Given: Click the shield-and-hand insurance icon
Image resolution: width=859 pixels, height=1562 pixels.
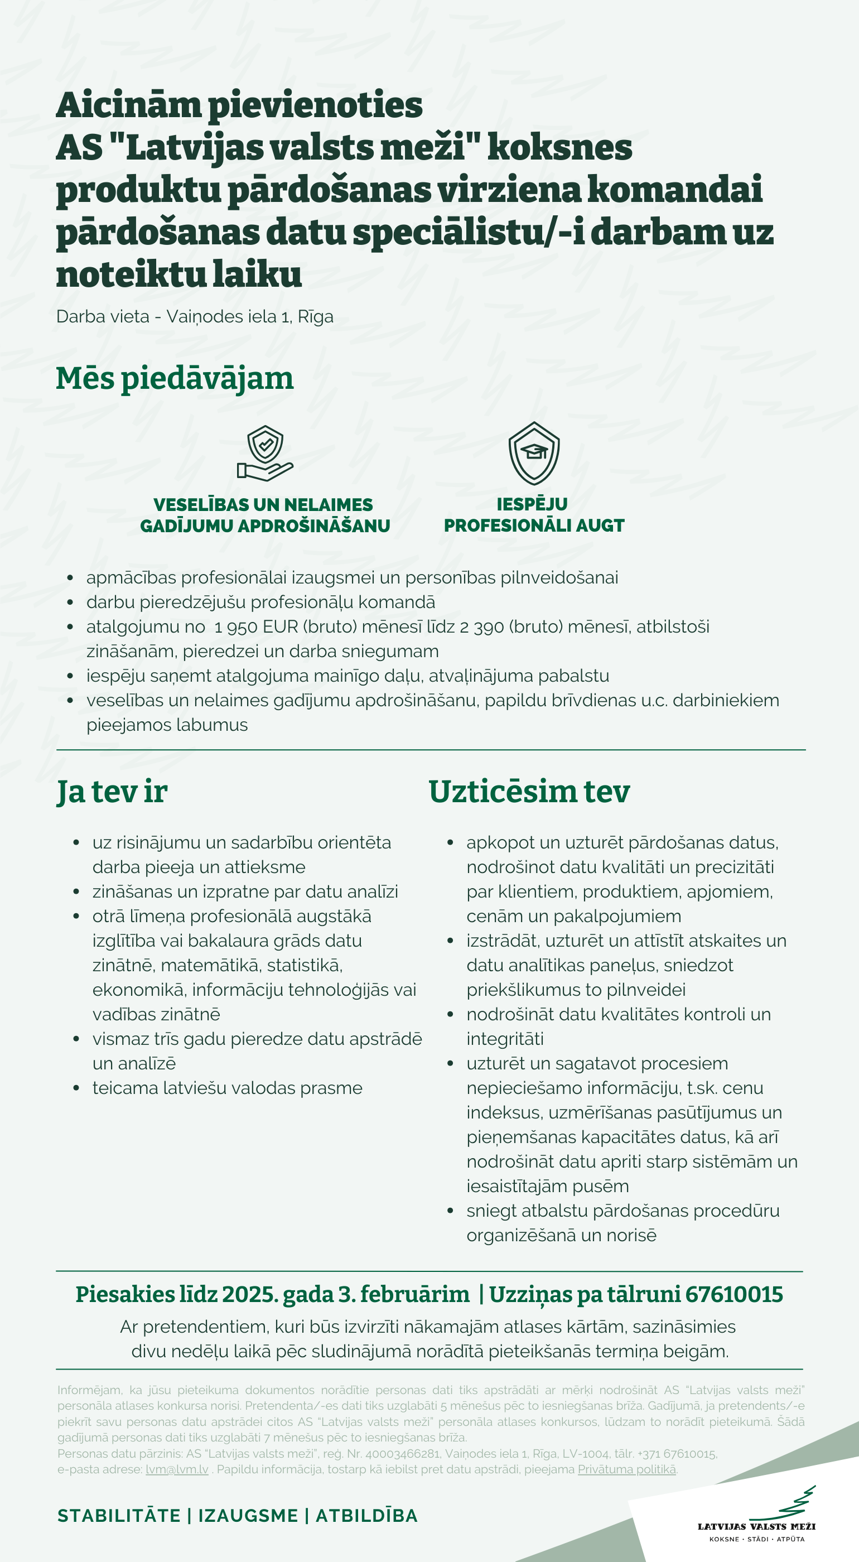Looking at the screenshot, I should click(x=265, y=454).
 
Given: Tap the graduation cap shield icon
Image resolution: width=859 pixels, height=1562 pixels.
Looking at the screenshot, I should click(x=533, y=453).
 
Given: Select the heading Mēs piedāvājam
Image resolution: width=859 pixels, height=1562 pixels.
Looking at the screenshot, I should click(x=175, y=378).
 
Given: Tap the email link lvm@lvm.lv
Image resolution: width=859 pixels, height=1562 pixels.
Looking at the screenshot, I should click(x=177, y=1469).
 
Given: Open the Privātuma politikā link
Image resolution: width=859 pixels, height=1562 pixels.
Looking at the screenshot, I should click(x=626, y=1469).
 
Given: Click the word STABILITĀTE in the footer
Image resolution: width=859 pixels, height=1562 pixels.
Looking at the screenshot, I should click(x=119, y=1515).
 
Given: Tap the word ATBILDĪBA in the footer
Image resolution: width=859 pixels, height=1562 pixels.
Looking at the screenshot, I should click(x=367, y=1515).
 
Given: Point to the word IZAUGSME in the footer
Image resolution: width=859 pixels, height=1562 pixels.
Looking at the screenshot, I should click(x=248, y=1515).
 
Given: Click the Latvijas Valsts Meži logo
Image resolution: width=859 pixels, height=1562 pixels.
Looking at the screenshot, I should click(x=756, y=1516).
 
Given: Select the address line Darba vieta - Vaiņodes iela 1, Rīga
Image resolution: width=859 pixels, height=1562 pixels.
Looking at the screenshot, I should click(x=195, y=316).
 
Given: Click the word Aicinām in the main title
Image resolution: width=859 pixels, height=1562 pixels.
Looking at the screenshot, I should click(x=128, y=105).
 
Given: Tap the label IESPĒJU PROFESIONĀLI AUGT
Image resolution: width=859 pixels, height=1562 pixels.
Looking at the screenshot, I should click(x=533, y=515).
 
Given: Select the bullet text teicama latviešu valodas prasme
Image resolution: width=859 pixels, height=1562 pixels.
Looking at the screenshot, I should click(x=228, y=1088).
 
